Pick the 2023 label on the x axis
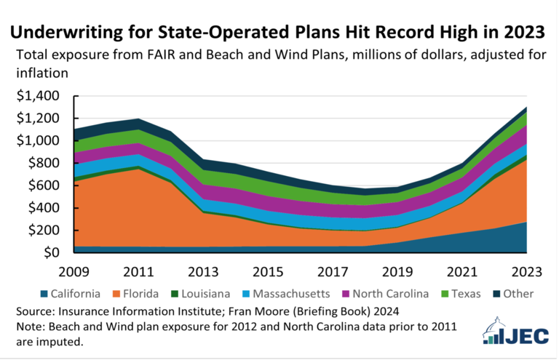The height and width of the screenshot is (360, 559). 527,273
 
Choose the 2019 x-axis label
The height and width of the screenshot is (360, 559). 403,273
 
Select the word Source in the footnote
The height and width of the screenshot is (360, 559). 34,311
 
